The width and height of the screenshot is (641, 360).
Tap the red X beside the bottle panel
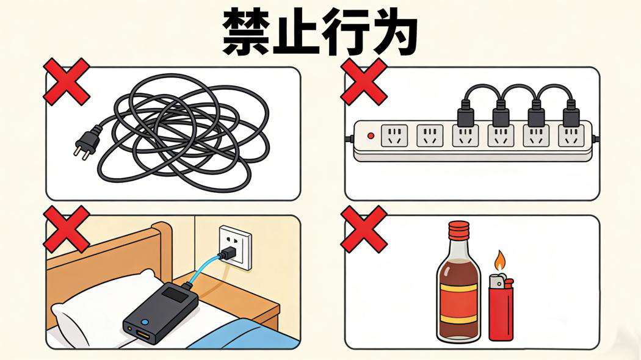[364, 228]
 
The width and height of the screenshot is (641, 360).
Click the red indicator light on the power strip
[369, 135]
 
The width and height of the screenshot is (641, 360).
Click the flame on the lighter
[500, 261]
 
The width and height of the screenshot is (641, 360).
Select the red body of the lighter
[501, 311]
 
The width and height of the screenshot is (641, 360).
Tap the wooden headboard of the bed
[110, 256]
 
